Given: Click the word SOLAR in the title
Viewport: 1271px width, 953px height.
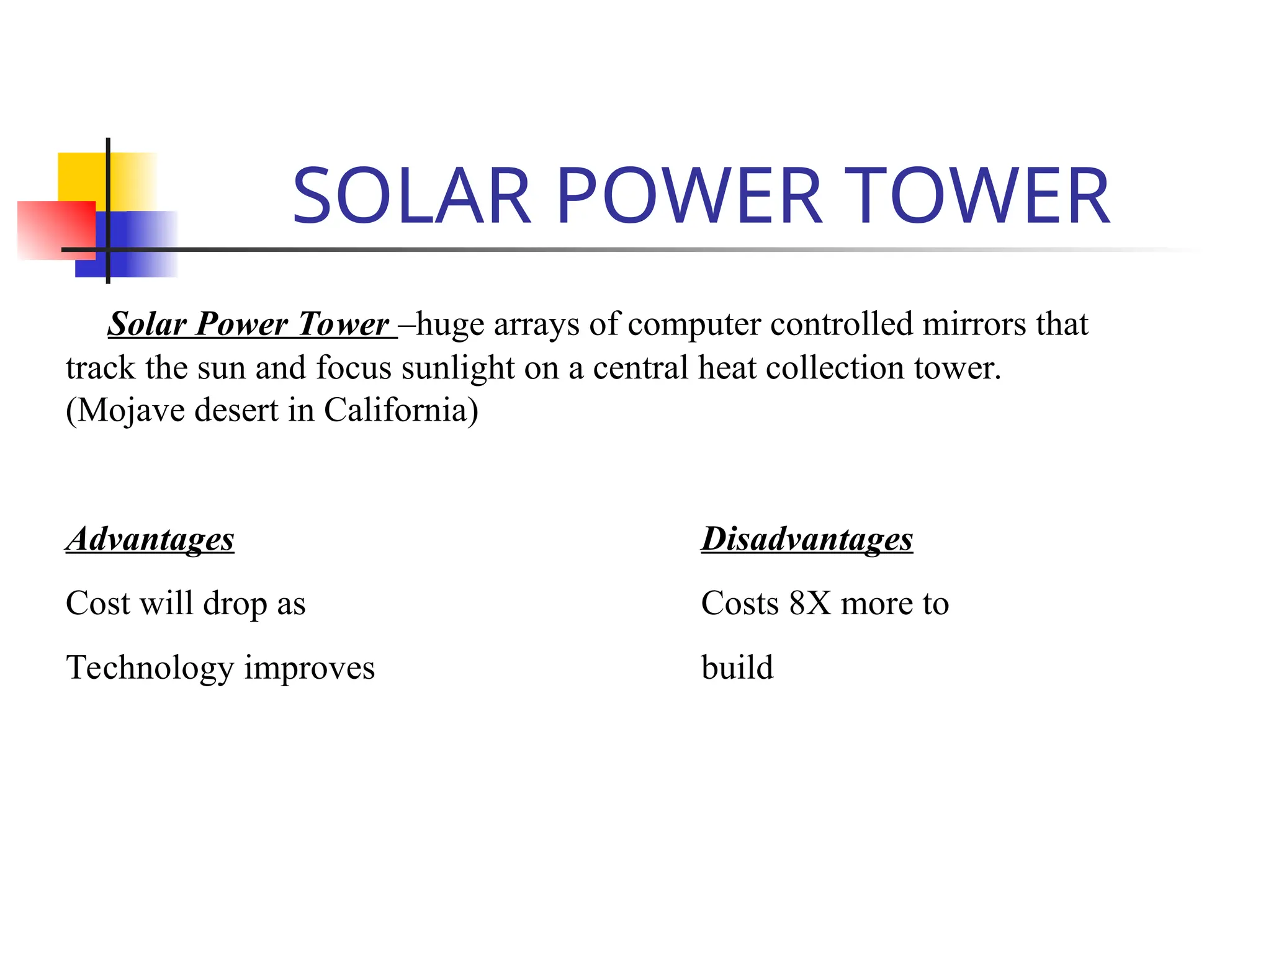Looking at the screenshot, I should [x=411, y=196].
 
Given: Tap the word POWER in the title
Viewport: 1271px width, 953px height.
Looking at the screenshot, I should [x=689, y=196].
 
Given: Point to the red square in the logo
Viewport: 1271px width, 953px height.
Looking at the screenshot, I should [x=56, y=230].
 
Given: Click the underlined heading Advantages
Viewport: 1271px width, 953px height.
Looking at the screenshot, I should [x=150, y=539].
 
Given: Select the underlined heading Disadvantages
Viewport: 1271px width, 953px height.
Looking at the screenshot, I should [x=807, y=539].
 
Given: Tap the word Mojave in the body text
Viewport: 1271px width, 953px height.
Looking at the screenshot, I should [x=132, y=410].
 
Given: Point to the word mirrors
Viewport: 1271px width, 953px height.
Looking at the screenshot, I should [x=974, y=324].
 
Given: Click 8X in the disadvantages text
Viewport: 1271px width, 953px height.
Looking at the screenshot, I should [x=809, y=603].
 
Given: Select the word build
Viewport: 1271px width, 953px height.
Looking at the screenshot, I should [x=737, y=668].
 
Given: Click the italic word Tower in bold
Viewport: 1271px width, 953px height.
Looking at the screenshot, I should [x=343, y=324].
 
